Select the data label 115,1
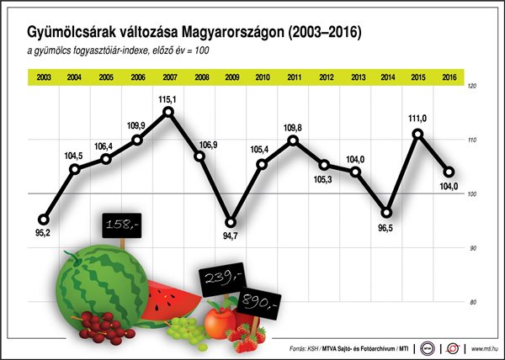168,98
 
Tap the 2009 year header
231,77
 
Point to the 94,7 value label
231,236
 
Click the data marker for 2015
417,133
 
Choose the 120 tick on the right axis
471,86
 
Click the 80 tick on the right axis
471,302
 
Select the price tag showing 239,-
222,278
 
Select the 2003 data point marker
44,220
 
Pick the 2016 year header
449,77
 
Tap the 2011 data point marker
293,139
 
